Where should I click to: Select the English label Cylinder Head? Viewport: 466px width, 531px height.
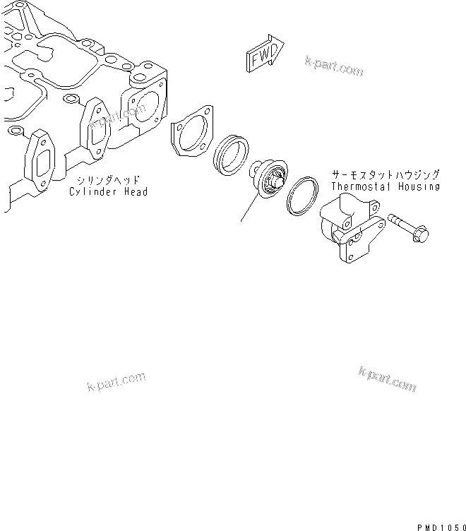point(108,191)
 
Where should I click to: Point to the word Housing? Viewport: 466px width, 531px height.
point(419,186)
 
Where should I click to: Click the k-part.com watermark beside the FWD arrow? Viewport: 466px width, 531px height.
point(335,66)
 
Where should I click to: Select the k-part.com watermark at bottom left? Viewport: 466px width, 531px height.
point(116,382)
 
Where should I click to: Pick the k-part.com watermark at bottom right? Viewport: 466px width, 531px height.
point(388,380)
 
